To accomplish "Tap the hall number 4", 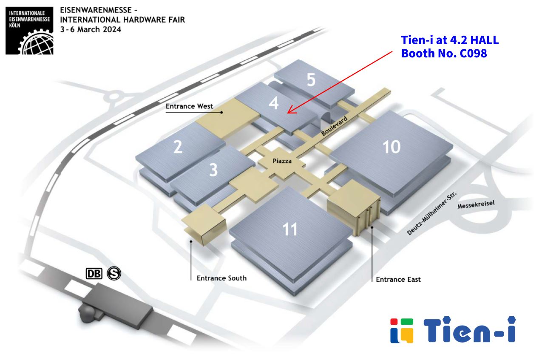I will pos(274,103).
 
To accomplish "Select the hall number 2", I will pos(178,147).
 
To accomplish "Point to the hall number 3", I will pos(213,170).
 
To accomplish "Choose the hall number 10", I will pos(391,147).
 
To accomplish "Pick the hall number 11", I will pos(290,230).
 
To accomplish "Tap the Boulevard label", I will pos(335,127).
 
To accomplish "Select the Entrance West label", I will pos(189,106).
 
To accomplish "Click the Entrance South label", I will pos(221,278).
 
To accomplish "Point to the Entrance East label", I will pos(398,279).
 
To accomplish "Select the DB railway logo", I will pos(94,274).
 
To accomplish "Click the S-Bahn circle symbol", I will pos(114,273).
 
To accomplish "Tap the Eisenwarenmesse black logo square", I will pos(30,31).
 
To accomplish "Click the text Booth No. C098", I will pos(444,54).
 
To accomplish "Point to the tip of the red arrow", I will pos(288,113).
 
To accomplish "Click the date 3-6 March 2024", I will pos(91,29).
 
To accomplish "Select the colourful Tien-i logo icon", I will pos(402,330).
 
